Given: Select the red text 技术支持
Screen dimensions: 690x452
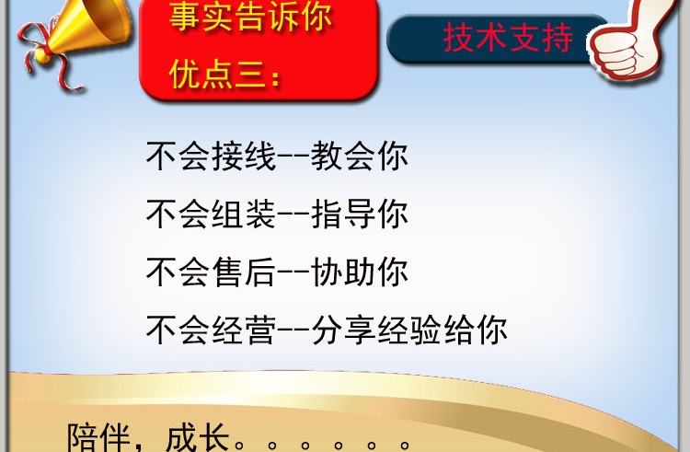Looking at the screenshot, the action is (508, 39).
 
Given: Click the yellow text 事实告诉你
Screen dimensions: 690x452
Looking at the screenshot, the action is (250, 17).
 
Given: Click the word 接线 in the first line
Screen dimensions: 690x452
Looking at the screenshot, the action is (244, 156).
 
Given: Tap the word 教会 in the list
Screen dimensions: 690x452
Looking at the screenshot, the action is (343, 156).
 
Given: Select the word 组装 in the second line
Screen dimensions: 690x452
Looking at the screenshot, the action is (244, 214).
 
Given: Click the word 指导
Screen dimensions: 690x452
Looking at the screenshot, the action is (343, 214).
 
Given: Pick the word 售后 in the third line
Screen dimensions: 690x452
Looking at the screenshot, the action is (244, 272).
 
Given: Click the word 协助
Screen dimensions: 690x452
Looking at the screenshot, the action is (343, 272).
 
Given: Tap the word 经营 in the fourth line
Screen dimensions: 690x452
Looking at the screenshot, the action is (244, 330).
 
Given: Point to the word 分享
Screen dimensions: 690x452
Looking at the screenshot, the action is (343, 330).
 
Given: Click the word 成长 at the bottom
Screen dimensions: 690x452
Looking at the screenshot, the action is (198, 438).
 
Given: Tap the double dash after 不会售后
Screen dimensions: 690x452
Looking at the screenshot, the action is (293, 272).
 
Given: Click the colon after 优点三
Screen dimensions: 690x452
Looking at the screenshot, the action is (275, 78).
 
